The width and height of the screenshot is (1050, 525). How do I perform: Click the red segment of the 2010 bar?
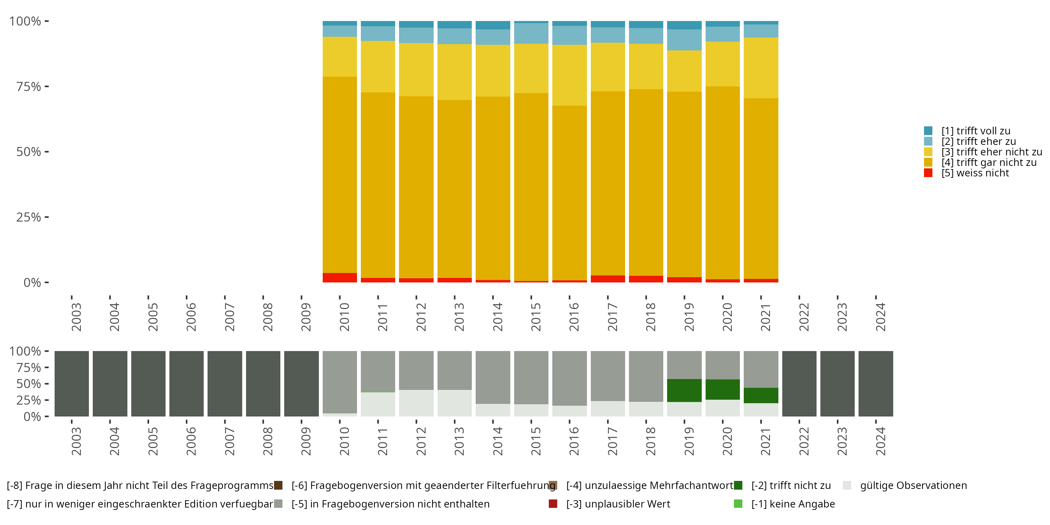(339, 278)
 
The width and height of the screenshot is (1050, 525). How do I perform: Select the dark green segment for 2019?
(684, 391)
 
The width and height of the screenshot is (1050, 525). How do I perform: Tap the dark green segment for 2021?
(761, 395)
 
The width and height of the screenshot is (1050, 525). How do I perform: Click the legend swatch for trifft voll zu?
(928, 131)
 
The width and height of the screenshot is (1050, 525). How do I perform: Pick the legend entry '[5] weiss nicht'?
(975, 173)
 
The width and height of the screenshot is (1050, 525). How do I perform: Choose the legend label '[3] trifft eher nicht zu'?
(991, 152)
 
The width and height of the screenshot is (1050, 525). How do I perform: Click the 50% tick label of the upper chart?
(29, 152)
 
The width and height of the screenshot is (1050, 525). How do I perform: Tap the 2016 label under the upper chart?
(574, 317)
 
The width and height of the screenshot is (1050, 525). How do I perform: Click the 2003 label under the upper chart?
(76, 317)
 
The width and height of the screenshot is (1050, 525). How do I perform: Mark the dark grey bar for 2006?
(186, 384)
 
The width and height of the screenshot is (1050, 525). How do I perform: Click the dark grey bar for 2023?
(837, 384)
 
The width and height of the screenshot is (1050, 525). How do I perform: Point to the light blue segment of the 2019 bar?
(684, 40)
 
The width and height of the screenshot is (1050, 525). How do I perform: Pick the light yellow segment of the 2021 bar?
(761, 68)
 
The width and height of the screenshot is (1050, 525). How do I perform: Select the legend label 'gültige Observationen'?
(913, 485)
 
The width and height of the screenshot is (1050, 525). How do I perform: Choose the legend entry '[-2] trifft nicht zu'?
(791, 485)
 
